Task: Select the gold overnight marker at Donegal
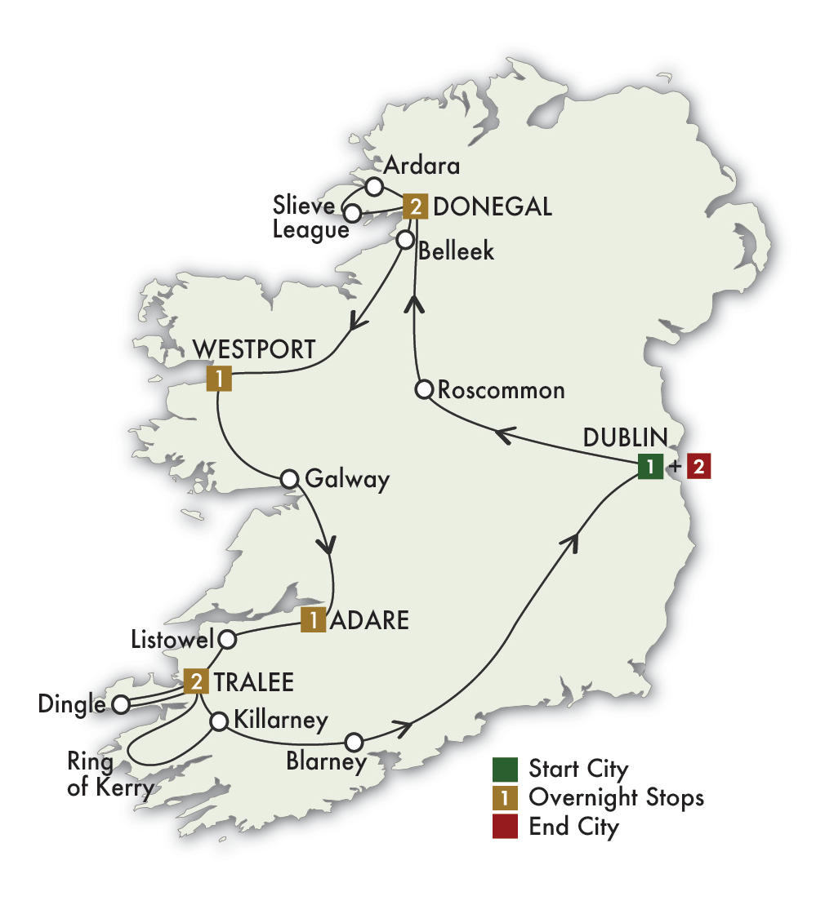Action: tap(415, 207)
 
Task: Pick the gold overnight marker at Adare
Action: tap(313, 619)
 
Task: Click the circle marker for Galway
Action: tap(289, 479)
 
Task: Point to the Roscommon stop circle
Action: tap(424, 389)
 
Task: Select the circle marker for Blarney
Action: tap(354, 742)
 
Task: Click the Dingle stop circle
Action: tap(121, 704)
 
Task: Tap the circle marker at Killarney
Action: tap(219, 721)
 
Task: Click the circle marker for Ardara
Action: tap(374, 187)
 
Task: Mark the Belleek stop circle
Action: tap(404, 240)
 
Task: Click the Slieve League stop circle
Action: tap(353, 215)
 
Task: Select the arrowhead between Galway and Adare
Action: tap(328, 544)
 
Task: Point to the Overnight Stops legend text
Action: tap(616, 796)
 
